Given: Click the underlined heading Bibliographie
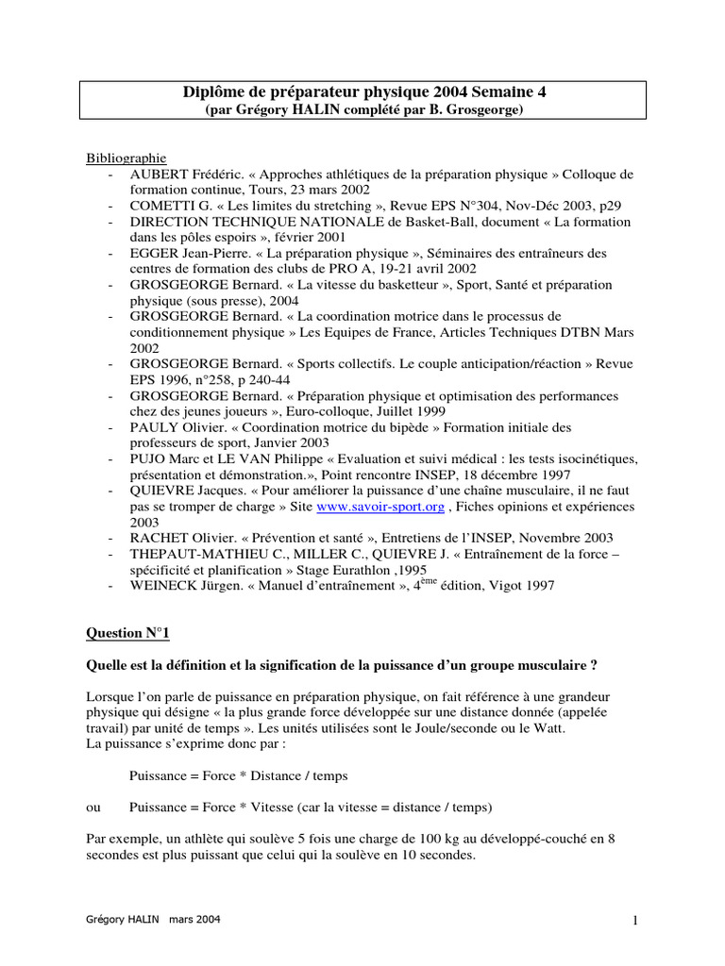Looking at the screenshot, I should click(126, 158).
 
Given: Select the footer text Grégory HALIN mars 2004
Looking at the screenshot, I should click(155, 919).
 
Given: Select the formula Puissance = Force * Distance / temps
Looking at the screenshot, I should click(238, 775).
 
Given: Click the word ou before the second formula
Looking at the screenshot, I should click(93, 808).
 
